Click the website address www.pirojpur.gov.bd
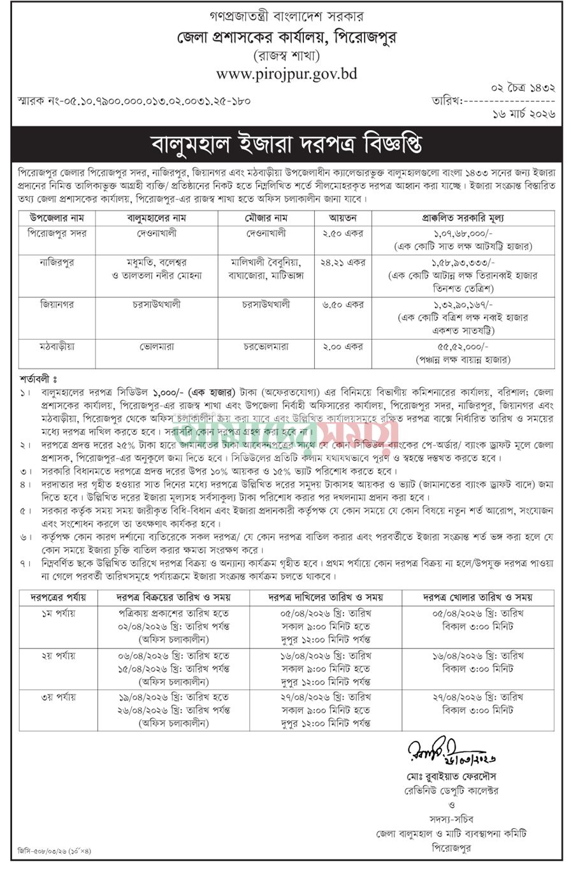tap(286, 74)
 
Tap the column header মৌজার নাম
tap(266, 217)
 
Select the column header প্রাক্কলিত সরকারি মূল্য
tap(463, 217)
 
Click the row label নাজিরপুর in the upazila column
tap(57, 261)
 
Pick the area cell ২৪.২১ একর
tap(343, 261)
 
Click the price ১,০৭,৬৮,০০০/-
tap(463, 233)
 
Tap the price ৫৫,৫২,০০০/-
tap(463, 346)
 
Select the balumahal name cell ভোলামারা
tap(157, 347)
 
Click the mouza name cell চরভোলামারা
tap(266, 347)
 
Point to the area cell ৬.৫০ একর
tap(343, 305)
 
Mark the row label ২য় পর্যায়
tap(57, 655)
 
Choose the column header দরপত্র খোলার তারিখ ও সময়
tap(478, 597)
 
